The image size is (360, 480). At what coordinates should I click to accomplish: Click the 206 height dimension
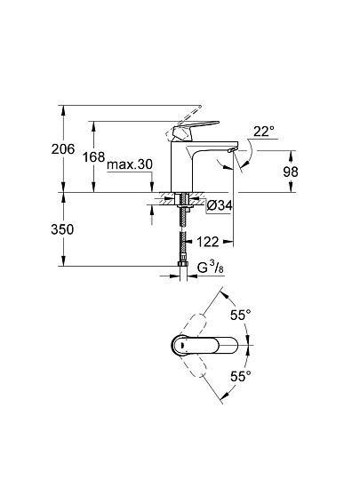63,149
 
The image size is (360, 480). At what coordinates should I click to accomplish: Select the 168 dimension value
94,157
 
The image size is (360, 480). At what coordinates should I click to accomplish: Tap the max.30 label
130,164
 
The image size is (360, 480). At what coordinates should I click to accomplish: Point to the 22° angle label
264,132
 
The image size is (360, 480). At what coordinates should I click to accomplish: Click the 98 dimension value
291,172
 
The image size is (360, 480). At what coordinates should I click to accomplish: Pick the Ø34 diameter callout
220,205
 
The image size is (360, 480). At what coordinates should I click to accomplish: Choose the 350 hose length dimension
62,229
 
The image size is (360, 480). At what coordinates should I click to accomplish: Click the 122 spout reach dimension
207,242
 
